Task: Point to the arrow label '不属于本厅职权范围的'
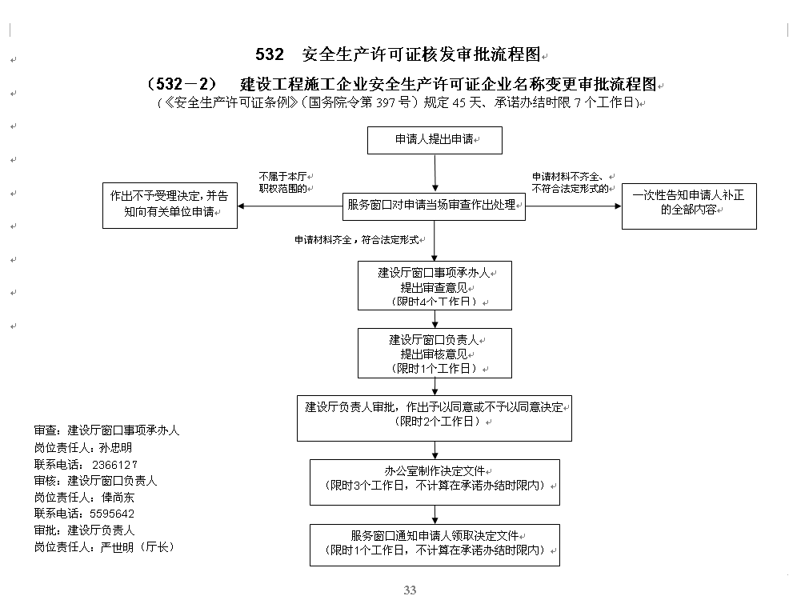click(x=283, y=182)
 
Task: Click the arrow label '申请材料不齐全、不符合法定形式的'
click(x=571, y=182)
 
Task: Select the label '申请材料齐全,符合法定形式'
click(x=357, y=240)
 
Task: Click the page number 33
click(x=410, y=590)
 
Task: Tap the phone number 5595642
click(x=112, y=514)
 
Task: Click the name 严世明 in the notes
click(x=117, y=547)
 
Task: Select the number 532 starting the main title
click(x=269, y=54)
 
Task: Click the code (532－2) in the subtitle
click(x=182, y=84)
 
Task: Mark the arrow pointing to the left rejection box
click(x=290, y=206)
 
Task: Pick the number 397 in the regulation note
click(x=386, y=102)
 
